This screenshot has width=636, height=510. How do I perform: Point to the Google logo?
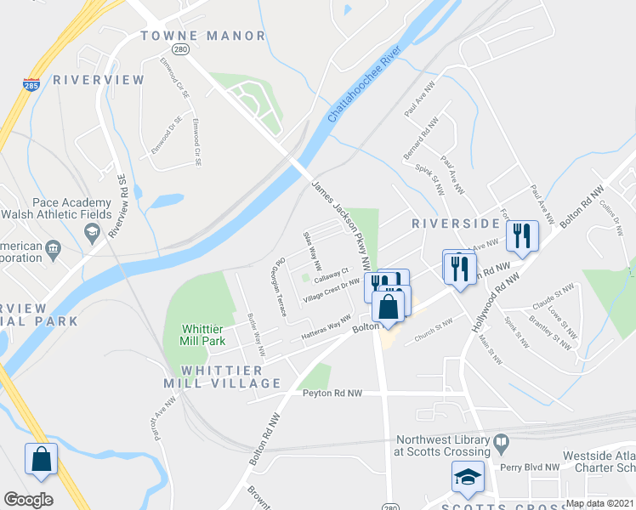(x=28, y=500)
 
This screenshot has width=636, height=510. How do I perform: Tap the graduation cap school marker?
(x=466, y=480)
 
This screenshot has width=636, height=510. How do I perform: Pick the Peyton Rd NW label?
(x=332, y=394)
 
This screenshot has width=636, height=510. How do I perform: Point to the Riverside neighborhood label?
(x=455, y=224)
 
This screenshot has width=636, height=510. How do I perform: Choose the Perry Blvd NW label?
(x=529, y=467)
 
